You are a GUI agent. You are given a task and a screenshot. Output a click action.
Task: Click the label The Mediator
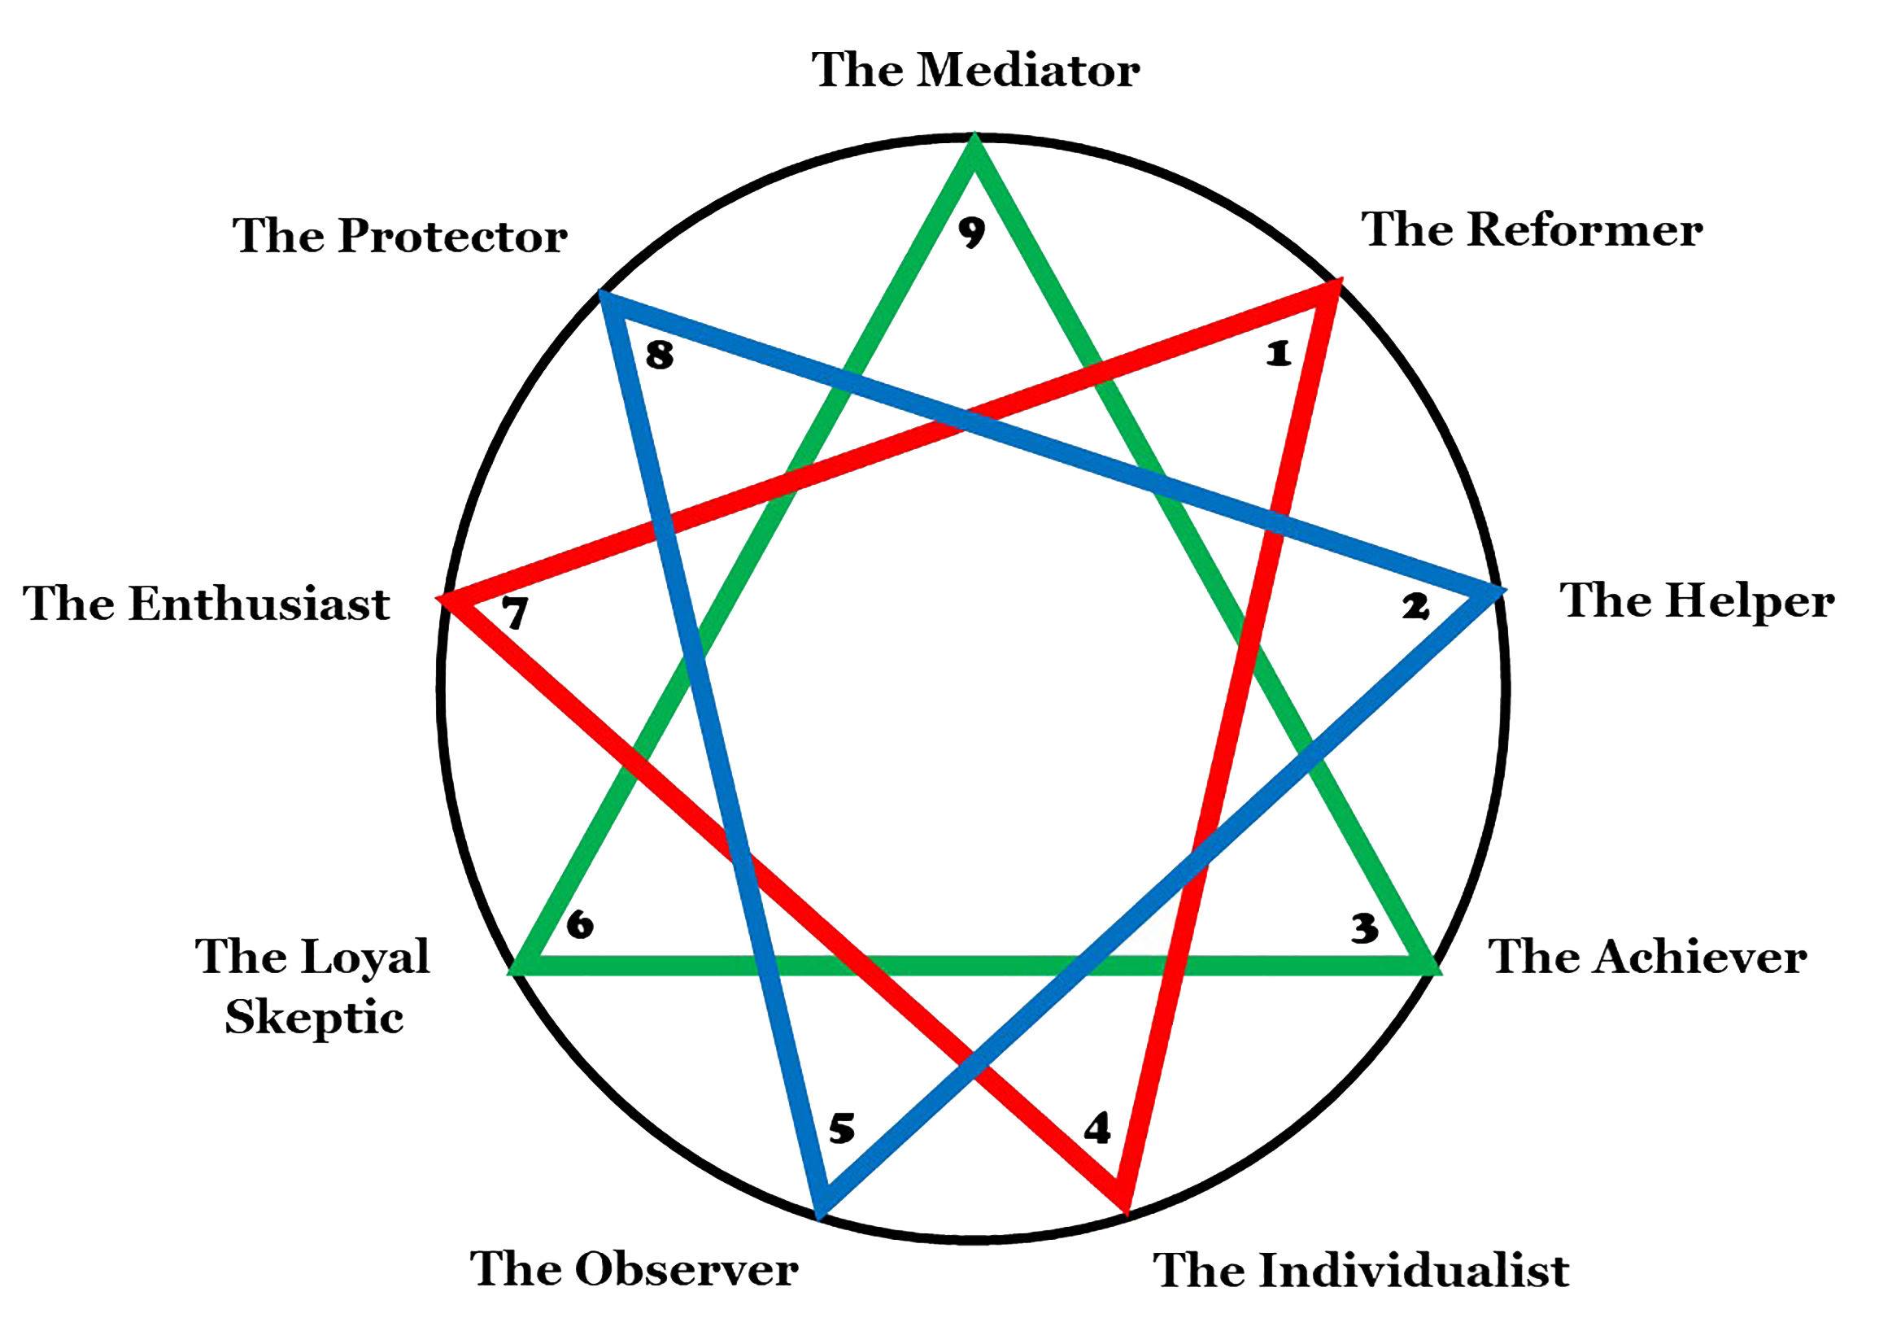pos(975,71)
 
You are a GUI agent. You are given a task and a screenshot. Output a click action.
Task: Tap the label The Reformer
pos(1532,229)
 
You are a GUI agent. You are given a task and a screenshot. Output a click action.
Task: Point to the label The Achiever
pos(1647,957)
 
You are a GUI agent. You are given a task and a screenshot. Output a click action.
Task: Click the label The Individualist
pos(1361,1270)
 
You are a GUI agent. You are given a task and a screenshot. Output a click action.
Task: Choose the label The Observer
pos(634,1269)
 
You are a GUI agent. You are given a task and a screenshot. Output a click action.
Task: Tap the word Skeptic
pos(314,1018)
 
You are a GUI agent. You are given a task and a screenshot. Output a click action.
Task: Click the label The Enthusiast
pos(207,604)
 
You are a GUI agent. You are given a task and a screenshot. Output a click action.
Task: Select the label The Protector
pos(400,236)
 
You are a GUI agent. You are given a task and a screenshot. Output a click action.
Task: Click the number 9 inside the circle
pos(972,233)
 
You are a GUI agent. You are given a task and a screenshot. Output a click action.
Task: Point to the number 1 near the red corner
pos(1279,354)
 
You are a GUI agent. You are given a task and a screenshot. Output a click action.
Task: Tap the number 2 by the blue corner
pos(1415,607)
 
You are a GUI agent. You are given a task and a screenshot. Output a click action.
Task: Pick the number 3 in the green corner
pos(1364,928)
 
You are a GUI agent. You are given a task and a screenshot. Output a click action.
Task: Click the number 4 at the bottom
pos(1097,1128)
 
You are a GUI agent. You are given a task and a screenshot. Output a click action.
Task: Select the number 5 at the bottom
pos(842,1128)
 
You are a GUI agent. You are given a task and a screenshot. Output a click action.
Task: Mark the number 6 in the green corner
pos(580,924)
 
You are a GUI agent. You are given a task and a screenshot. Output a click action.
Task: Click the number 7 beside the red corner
pos(516,613)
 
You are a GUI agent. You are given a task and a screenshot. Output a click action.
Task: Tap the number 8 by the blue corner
pos(660,356)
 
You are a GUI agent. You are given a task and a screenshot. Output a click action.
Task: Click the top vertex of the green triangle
pos(974,144)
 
